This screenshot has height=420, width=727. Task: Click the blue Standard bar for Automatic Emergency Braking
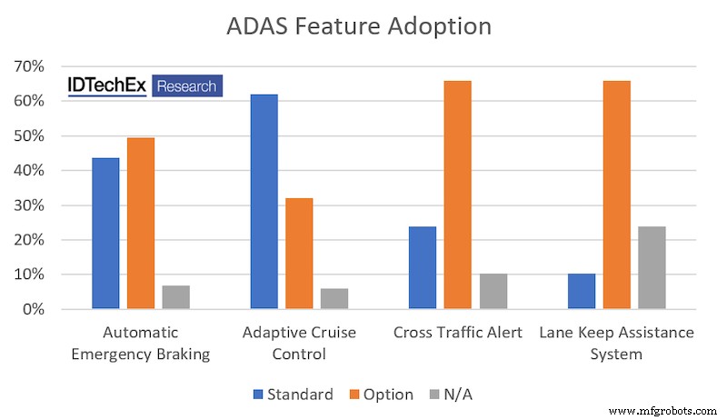tap(105, 234)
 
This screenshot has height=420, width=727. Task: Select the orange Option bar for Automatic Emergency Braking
tap(141, 224)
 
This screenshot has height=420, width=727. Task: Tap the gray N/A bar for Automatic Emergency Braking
tap(176, 297)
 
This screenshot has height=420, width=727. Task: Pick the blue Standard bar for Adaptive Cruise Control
tap(264, 202)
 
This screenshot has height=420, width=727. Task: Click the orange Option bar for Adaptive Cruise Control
tap(299, 254)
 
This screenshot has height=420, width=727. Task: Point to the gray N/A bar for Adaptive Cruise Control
tap(334, 299)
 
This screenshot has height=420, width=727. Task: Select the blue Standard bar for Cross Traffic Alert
tap(422, 267)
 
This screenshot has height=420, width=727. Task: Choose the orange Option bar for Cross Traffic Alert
tap(457, 195)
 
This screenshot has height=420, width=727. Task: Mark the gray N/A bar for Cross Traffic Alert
tap(493, 291)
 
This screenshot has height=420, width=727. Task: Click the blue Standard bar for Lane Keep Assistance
tap(581, 291)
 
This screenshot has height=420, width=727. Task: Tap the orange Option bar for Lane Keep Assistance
tap(616, 195)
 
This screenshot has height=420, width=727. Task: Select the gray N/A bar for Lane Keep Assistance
tap(652, 267)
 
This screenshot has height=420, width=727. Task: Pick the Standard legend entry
tap(294, 395)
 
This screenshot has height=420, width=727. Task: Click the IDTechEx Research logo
tap(145, 86)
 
